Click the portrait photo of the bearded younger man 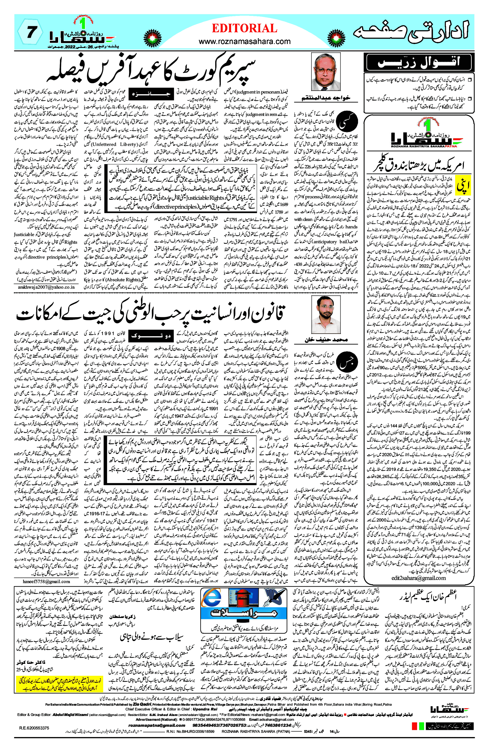coord(326,315)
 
